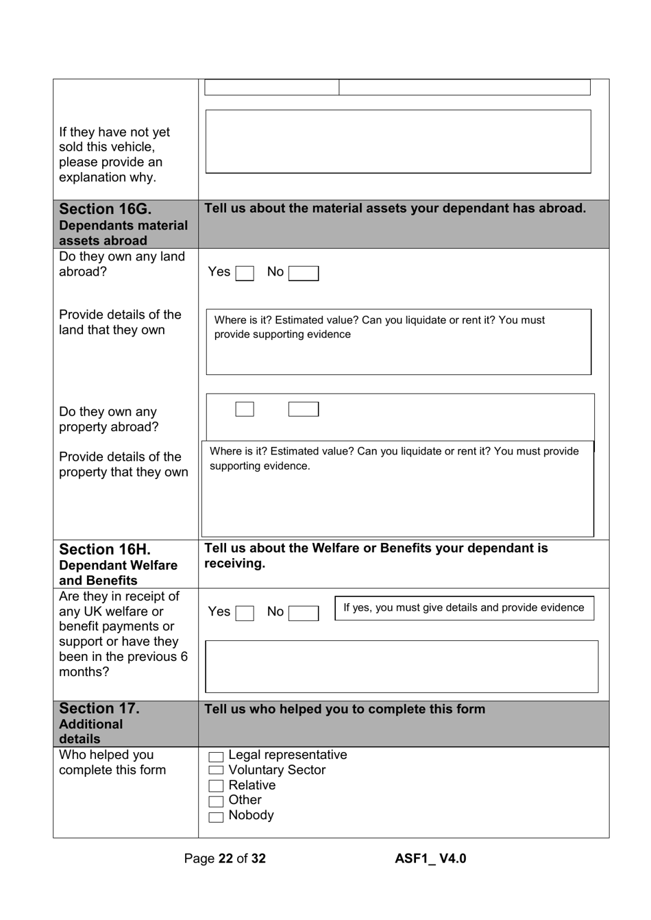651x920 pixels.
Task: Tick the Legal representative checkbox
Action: (x=216, y=757)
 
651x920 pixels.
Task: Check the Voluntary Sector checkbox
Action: (x=216, y=771)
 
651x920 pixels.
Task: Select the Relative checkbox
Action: (x=216, y=786)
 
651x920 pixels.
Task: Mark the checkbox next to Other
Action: (x=216, y=801)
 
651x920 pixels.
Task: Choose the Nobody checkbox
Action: (x=216, y=816)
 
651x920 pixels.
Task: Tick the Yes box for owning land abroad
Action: (x=245, y=274)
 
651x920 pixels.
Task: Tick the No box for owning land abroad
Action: (x=303, y=274)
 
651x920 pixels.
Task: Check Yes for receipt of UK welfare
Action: (x=245, y=613)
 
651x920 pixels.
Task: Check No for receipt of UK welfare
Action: (x=303, y=613)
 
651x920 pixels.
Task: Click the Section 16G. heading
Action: (x=106, y=209)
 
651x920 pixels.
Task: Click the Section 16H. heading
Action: (x=105, y=549)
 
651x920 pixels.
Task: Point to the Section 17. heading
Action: (x=99, y=708)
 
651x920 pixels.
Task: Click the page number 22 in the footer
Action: (x=225, y=858)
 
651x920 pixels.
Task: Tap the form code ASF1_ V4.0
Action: (x=430, y=858)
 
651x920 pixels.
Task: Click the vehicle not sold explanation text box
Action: (x=398, y=141)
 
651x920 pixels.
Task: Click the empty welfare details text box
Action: (x=402, y=666)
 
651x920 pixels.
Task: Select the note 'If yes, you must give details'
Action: (x=464, y=608)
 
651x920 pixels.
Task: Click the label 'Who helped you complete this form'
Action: (x=112, y=762)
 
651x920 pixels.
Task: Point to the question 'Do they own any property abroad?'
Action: (x=108, y=420)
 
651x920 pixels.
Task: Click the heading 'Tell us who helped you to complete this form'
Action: (x=345, y=709)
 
